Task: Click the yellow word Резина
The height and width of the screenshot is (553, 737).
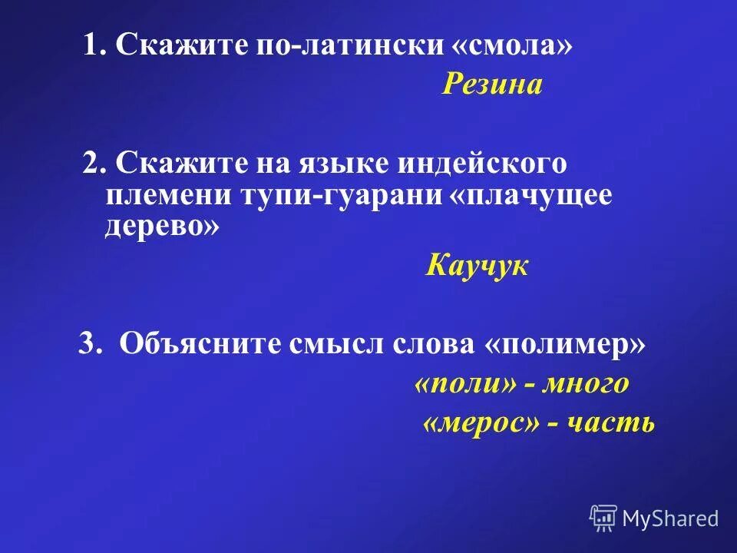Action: [492, 84]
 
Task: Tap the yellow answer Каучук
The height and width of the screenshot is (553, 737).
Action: [477, 267]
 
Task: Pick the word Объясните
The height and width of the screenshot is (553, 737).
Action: [200, 344]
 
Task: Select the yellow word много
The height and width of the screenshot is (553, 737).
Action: [584, 383]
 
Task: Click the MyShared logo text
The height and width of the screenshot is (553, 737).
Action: [670, 518]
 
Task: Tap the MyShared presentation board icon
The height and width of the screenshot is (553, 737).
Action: [603, 518]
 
